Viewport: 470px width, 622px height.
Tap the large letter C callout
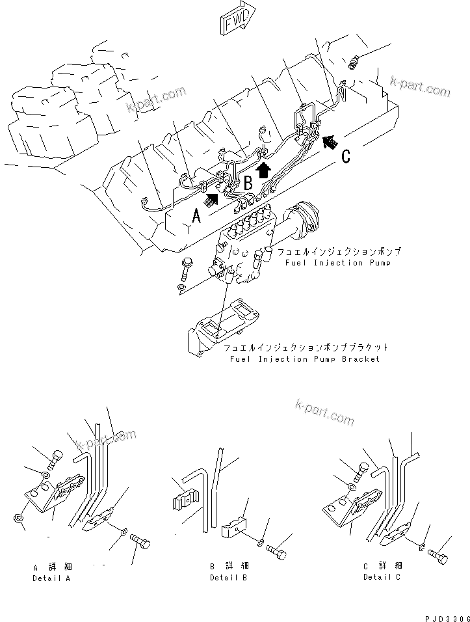[x=346, y=156]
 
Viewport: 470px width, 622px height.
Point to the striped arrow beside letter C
[x=330, y=139]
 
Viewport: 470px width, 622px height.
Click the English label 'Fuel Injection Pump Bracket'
[x=304, y=359]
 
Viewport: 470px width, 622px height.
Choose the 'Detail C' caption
[x=382, y=577]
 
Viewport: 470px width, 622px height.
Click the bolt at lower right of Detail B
[x=278, y=552]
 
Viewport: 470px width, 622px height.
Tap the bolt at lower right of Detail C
[x=438, y=558]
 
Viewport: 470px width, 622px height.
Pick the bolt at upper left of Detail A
[x=55, y=459]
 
